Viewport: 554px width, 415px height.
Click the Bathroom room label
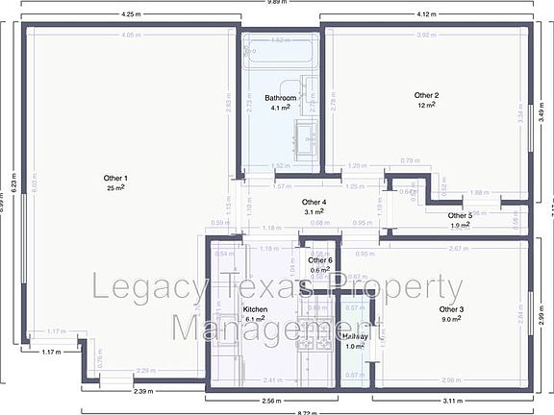280,99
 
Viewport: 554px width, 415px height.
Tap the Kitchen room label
255,309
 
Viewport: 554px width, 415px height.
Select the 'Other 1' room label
115,179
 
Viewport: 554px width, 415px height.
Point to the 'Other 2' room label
426,96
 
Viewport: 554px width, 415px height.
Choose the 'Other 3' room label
451,309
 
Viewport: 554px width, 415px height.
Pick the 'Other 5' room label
460,216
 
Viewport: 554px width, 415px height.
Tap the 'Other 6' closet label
320,261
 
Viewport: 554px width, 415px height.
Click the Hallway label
355,337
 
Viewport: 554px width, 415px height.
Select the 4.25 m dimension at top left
130,15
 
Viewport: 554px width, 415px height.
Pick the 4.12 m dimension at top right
427,15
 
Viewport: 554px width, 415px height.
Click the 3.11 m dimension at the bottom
450,399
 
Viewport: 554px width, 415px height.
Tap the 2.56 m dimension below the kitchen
273,399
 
